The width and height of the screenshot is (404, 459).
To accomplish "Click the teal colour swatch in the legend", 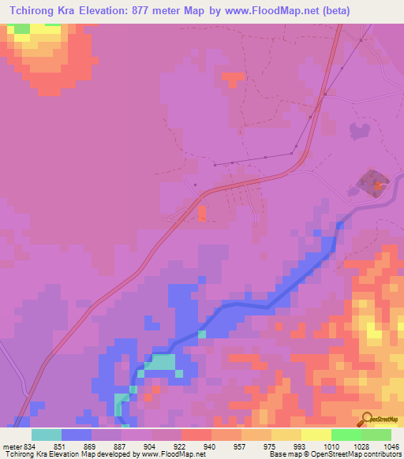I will (x=47, y=435).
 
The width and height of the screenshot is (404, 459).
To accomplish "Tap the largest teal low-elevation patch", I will (x=161, y=363).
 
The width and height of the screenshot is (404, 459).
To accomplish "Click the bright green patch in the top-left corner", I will (x=21, y=28).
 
